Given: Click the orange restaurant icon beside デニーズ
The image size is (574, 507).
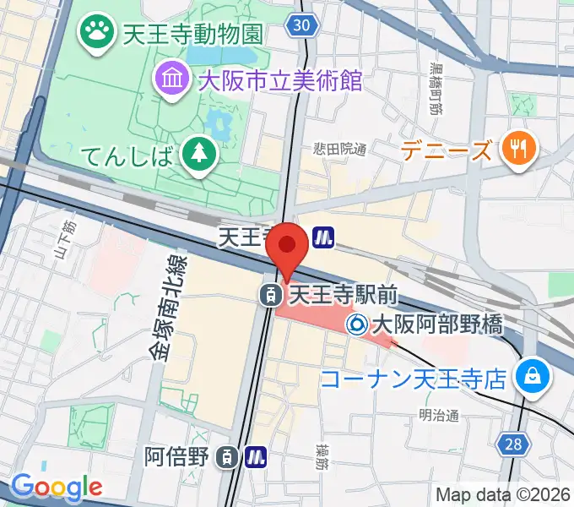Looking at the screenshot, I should point(516,150).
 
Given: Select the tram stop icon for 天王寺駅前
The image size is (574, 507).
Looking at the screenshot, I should point(271,295).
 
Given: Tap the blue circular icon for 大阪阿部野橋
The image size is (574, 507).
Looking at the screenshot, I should point(357,323).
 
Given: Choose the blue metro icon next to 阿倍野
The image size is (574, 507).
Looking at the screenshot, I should point(256,458).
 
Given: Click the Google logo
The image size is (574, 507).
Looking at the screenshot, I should point(56,487).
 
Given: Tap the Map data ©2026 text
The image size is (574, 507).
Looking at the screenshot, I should point(502,494).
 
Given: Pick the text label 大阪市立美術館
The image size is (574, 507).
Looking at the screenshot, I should point(280,81).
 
